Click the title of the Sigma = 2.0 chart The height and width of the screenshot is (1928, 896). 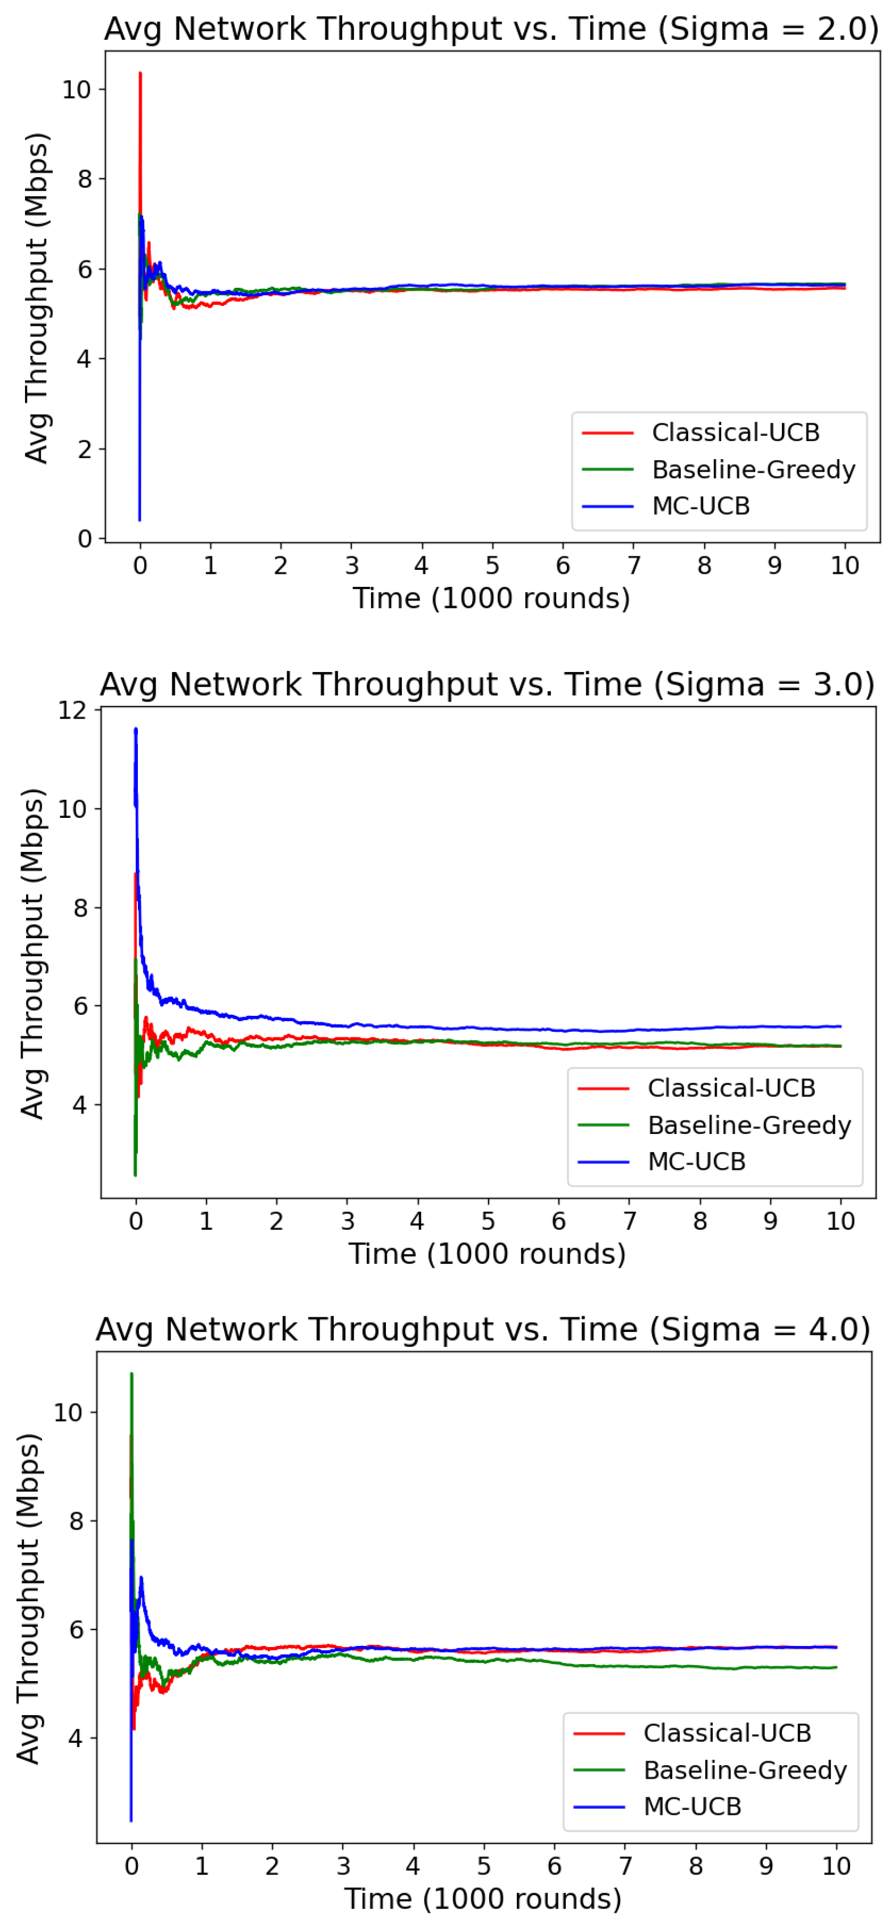[x=491, y=29]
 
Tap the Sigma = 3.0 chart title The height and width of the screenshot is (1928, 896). [x=487, y=684]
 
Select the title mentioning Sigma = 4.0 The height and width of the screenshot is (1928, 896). [x=483, y=1329]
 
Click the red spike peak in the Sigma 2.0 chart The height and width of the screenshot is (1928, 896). [x=140, y=73]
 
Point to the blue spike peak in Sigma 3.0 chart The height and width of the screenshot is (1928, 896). [x=136, y=729]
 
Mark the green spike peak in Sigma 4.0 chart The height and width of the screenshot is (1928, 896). [x=132, y=1374]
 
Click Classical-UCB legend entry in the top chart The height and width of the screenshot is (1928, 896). [x=735, y=432]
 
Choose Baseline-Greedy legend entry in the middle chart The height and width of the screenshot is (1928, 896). [x=748, y=1125]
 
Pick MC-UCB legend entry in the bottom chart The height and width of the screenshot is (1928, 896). [x=692, y=1806]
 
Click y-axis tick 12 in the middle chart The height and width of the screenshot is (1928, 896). [x=72, y=709]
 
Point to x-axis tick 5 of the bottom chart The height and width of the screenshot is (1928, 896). [x=483, y=1866]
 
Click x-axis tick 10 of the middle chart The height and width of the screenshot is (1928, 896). [x=840, y=1221]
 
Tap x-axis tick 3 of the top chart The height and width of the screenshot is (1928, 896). [x=352, y=566]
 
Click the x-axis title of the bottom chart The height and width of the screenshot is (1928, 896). [x=483, y=1899]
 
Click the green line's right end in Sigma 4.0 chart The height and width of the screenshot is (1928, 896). [x=836, y=1667]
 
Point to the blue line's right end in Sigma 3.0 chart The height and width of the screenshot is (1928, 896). [x=840, y=1026]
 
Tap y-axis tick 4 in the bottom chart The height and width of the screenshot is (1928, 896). [x=75, y=1738]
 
